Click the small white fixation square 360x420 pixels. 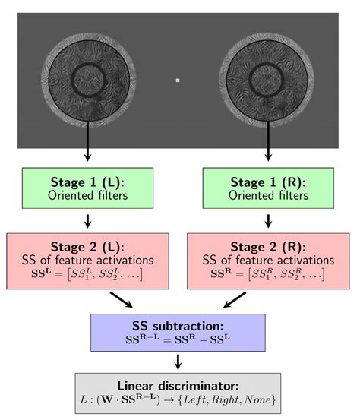178,80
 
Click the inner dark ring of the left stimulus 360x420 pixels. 72,81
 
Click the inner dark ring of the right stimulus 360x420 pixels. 250,80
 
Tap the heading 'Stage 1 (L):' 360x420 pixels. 87,182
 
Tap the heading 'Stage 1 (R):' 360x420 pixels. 268,182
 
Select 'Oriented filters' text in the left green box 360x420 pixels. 87,195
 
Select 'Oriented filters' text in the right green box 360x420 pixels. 268,195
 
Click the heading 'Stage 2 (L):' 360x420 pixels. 87,247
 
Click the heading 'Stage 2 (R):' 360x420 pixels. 268,247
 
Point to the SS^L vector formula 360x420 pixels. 87,274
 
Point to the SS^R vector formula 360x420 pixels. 267,274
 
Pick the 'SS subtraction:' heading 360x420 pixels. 178,326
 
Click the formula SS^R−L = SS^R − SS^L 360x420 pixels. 178,339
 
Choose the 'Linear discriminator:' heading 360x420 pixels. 178,386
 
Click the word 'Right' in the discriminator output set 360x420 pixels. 226,399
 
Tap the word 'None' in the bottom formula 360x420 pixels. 257,399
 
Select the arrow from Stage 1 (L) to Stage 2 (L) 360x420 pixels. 87,221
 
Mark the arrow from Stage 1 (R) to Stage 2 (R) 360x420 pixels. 268,221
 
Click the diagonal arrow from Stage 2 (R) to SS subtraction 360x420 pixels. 235,300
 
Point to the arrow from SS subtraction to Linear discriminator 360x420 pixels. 178,362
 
